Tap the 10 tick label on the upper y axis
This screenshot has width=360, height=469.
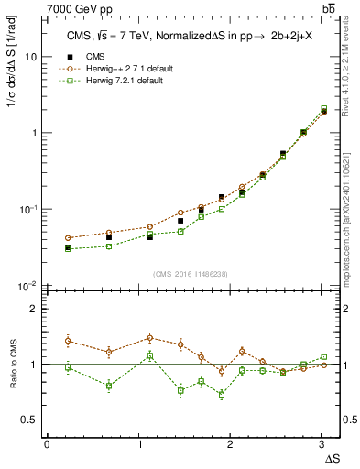point(30,57)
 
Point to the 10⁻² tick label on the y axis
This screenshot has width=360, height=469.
point(28,285)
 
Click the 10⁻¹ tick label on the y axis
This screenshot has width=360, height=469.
point(28,209)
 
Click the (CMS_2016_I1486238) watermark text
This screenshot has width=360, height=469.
point(191,274)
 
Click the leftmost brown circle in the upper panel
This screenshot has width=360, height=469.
point(68,238)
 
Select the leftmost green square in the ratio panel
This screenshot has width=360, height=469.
point(68,366)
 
